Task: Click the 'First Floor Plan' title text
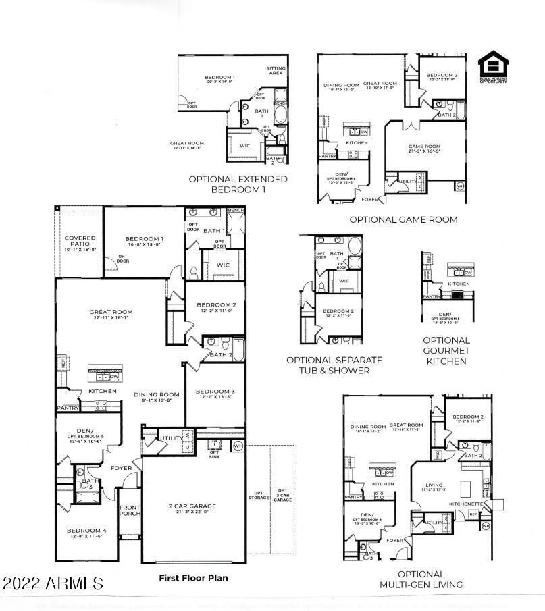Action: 193,578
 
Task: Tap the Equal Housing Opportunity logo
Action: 493,69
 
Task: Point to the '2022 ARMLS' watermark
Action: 53,583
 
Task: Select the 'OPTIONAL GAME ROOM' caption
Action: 403,219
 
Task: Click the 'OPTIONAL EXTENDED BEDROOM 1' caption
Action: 238,184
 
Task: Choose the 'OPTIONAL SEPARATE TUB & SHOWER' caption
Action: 334,365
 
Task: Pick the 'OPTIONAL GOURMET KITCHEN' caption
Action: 446,350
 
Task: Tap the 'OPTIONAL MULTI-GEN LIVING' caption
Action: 421,579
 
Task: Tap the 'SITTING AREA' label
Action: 275,70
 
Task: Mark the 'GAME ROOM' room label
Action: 424,149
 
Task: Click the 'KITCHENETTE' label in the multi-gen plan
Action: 466,504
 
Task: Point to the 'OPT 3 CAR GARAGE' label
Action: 282,496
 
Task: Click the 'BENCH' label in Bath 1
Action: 235,211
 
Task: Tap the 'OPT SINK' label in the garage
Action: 215,453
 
